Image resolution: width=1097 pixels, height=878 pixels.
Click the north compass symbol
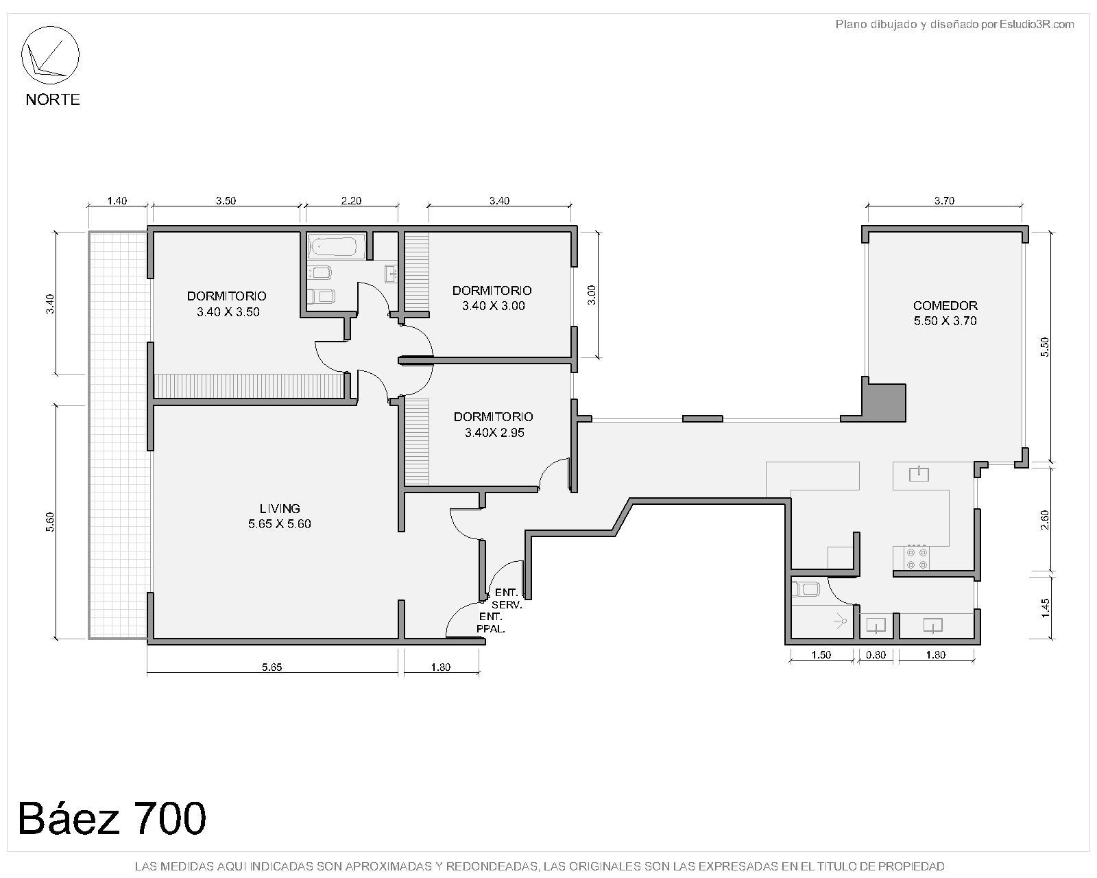coord(50,55)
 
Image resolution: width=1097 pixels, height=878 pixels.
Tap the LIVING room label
coord(279,516)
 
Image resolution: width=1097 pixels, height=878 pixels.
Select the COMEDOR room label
coord(945,313)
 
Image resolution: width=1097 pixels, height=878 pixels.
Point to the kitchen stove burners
coord(916,558)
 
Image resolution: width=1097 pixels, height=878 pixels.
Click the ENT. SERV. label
coord(506,599)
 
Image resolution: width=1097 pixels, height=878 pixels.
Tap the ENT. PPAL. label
coord(490,623)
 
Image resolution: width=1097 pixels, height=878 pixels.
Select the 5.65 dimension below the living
coord(272,667)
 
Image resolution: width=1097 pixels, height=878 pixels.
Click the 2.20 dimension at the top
coord(351,200)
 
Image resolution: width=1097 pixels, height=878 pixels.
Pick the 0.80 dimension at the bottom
coord(876,654)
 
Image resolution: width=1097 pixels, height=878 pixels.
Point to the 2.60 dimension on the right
coord(1044,519)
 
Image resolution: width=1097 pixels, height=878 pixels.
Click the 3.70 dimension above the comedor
coord(944,200)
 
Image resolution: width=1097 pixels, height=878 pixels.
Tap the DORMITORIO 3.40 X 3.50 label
coord(227,304)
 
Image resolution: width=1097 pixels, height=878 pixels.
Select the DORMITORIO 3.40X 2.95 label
coord(494,425)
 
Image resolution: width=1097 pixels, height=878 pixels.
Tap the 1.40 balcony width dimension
coord(117,200)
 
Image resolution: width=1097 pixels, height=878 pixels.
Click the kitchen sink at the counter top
coord(919,474)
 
